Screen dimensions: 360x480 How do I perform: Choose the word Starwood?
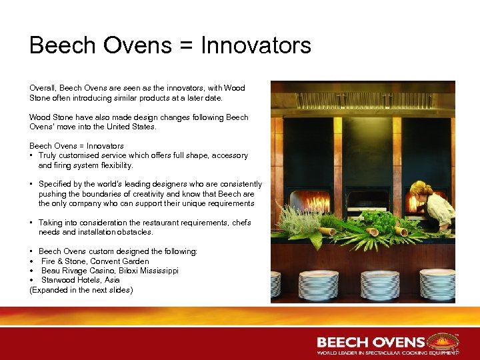[x=59, y=280]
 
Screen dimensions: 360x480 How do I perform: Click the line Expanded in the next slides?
[x=81, y=290]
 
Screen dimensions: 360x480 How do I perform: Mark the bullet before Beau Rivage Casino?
[x=32, y=271]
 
